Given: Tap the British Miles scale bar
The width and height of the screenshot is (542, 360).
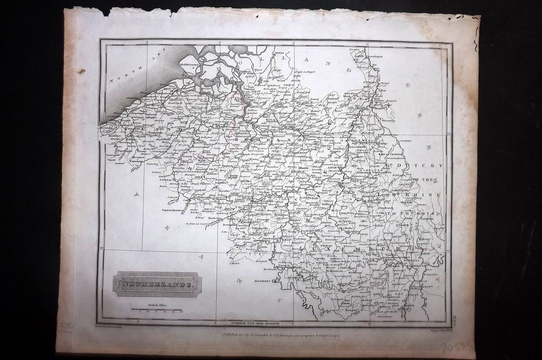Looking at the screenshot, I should pyautogui.click(x=156, y=310).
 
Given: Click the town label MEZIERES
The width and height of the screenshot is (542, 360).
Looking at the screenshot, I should pyautogui.click(x=263, y=282).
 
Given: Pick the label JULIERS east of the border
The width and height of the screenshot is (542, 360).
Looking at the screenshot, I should pyautogui.click(x=407, y=141).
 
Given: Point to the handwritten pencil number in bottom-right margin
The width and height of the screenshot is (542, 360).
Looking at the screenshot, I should pyautogui.click(x=455, y=347).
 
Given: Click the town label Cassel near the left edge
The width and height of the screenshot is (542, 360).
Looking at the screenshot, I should pyautogui.click(x=110, y=159).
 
